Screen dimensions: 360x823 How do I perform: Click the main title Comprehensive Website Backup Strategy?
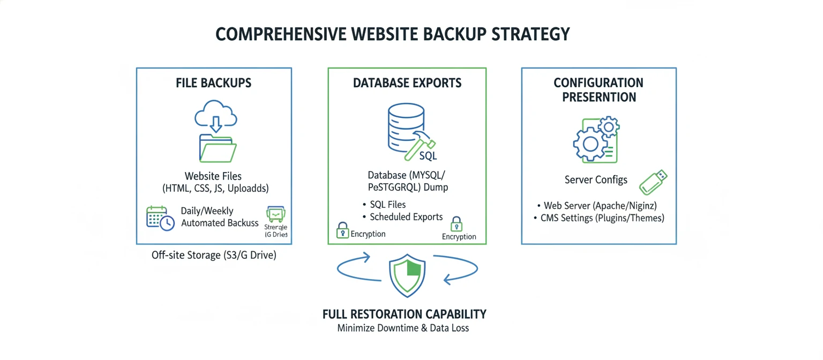(x=393, y=34)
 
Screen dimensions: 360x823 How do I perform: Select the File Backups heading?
(x=214, y=83)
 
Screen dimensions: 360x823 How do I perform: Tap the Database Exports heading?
(x=407, y=83)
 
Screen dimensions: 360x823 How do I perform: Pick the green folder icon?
(x=217, y=148)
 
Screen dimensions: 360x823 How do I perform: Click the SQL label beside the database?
(x=428, y=156)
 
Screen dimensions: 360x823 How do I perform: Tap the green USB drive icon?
(x=654, y=182)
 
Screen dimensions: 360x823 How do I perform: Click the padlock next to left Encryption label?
(x=342, y=230)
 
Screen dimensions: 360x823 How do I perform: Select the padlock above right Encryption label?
(x=456, y=223)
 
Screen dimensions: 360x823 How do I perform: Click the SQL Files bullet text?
(x=387, y=205)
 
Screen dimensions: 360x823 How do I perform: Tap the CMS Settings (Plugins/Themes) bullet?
(x=602, y=218)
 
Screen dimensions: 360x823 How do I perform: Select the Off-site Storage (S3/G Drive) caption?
(x=214, y=256)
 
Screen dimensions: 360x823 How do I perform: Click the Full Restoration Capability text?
(x=405, y=314)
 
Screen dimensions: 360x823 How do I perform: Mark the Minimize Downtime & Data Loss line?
(x=403, y=328)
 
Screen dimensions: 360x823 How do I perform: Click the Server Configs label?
(x=596, y=179)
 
